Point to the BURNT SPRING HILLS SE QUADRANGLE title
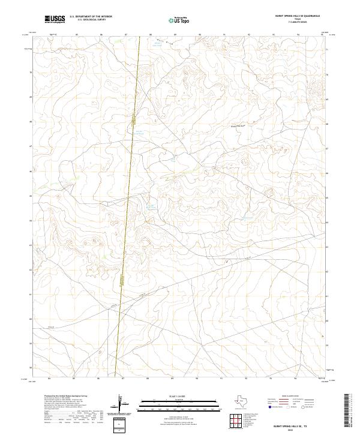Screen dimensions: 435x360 click(x=298, y=16)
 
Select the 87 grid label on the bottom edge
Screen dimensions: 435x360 click(x=123, y=379)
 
